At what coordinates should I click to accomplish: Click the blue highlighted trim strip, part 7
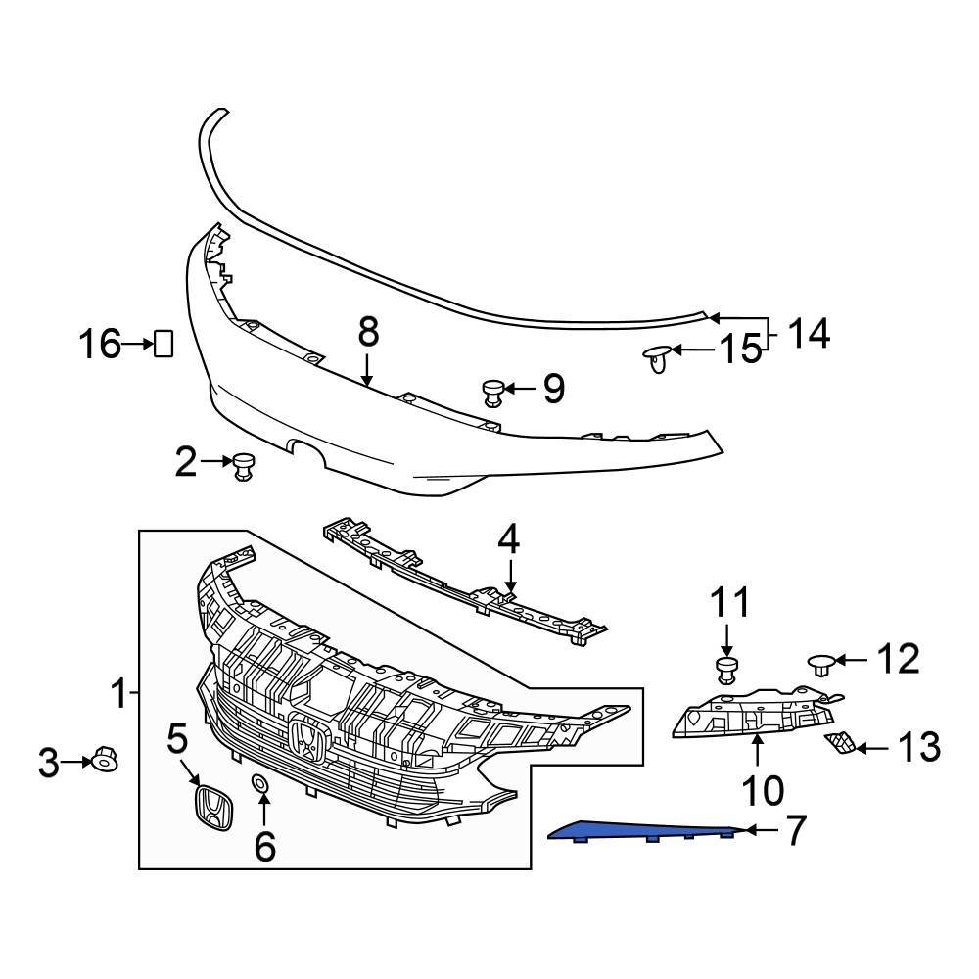point(646,831)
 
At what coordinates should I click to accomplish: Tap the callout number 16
point(101,344)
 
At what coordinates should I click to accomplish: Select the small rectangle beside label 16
point(163,344)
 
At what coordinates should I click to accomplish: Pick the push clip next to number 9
point(492,393)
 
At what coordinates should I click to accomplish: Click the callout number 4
point(508,540)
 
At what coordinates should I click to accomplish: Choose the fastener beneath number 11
point(725,671)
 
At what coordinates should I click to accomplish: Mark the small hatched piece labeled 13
point(838,745)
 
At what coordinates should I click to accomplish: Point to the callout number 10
point(762,786)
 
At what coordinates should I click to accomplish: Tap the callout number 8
point(367,333)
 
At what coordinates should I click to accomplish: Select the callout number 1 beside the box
point(118,695)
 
